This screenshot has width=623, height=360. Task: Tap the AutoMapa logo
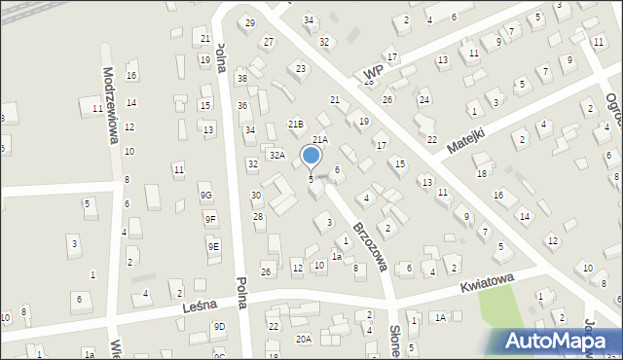tap(561, 341)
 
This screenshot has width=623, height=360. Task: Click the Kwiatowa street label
tap(486, 283)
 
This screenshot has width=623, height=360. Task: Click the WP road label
tap(370, 73)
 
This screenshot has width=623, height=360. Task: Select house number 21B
tap(295, 124)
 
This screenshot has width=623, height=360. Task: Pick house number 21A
tap(319, 140)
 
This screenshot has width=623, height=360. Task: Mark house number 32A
tap(277, 155)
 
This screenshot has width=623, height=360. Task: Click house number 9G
tap(205, 196)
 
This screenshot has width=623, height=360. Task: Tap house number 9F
tap(210, 220)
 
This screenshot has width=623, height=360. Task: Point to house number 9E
tap(213, 247)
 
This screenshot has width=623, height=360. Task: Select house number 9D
tap(219, 326)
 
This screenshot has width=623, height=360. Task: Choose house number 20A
tap(304, 339)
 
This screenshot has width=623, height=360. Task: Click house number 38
tap(242, 78)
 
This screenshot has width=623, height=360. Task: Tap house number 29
tap(249, 22)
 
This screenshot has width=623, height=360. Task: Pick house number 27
tap(268, 42)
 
